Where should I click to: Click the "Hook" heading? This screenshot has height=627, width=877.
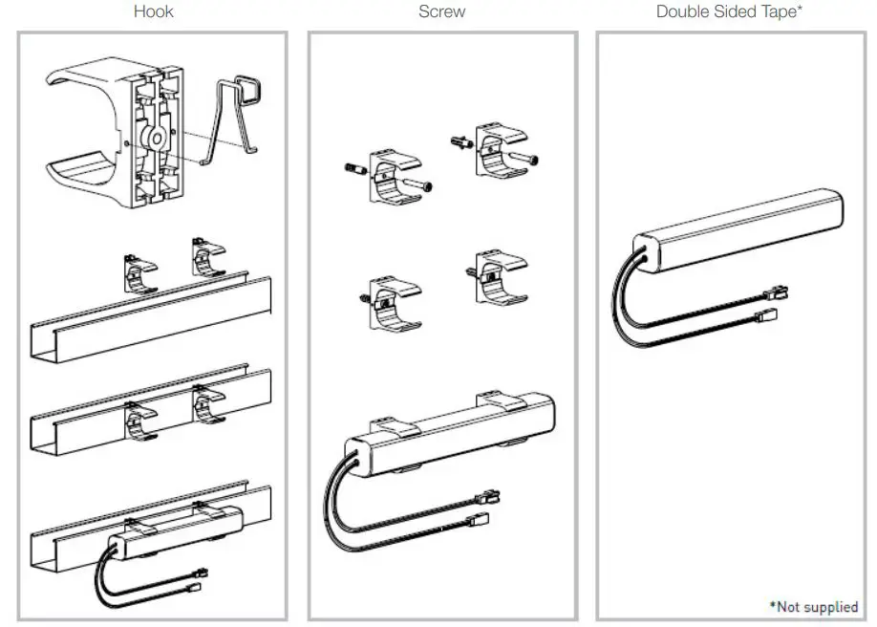point(153,11)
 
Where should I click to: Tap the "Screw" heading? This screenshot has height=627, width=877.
point(441,11)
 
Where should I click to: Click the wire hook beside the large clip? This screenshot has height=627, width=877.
point(243,114)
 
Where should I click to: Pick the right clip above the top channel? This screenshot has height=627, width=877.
point(209,259)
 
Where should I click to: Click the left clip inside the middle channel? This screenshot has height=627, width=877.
point(142,421)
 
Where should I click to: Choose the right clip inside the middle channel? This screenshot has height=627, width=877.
point(209,405)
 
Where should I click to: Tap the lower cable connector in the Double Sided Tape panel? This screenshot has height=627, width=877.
point(765,314)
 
